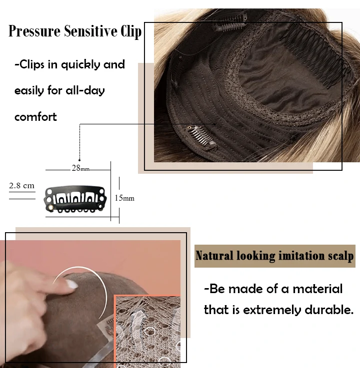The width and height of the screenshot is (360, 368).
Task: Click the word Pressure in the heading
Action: (34, 31)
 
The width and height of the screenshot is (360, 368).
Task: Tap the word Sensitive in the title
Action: (90, 31)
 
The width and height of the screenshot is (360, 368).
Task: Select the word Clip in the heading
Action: (131, 31)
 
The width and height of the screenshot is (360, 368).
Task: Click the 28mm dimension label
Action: (80, 168)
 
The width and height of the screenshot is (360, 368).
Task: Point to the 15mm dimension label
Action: (124, 198)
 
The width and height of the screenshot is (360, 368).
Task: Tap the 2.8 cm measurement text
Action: (21, 186)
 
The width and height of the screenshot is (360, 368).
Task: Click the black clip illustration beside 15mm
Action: (75, 199)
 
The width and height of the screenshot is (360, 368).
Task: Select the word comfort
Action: (35, 117)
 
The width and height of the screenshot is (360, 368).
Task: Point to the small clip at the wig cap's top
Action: (229, 22)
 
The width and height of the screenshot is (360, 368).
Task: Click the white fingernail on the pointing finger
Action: (71, 285)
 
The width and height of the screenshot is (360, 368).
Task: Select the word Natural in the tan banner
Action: (214, 256)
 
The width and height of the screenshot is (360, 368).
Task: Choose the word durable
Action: (329, 310)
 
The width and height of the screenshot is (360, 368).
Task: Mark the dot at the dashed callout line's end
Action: (79, 160)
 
